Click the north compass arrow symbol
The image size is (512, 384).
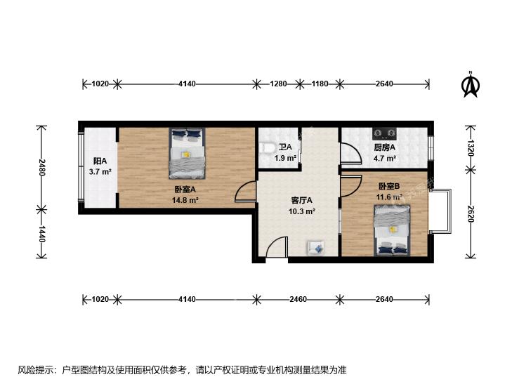point(470,86)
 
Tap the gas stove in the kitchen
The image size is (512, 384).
point(384,133)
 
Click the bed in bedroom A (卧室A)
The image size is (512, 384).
point(187,153)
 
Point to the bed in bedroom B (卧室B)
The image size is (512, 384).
point(392,230)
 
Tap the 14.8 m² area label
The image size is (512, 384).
point(185,200)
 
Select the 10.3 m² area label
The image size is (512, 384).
point(301,211)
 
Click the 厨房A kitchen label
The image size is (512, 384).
point(384,147)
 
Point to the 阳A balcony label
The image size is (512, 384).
point(100,161)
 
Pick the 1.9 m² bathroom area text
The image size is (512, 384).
point(285,158)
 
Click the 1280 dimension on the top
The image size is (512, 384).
point(278,84)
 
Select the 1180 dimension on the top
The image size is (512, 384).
point(320,84)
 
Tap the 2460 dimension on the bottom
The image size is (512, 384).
point(298,299)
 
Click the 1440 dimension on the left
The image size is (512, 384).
point(41,234)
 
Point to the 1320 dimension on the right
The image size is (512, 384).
point(470,148)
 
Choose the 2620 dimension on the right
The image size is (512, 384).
point(470,213)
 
